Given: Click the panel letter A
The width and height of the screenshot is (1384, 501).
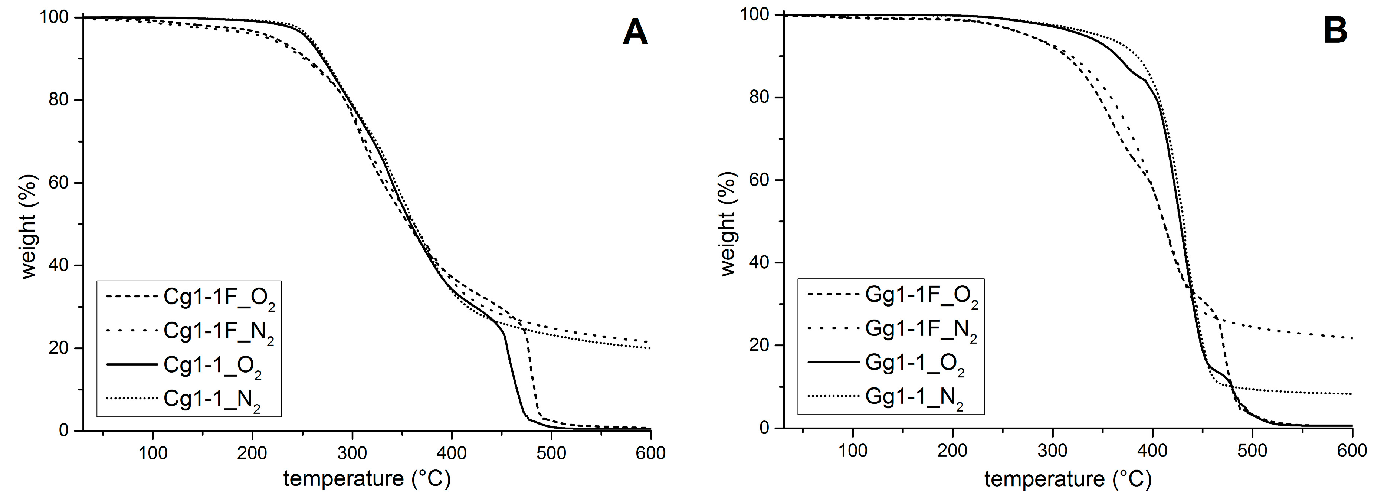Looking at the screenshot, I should pyautogui.click(x=635, y=32).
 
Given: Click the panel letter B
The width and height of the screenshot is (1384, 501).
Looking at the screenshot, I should pyautogui.click(x=1335, y=31).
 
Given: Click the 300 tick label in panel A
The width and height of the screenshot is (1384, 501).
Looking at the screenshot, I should pyautogui.click(x=352, y=453).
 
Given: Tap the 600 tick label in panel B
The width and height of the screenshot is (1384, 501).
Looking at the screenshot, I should pyautogui.click(x=1351, y=451).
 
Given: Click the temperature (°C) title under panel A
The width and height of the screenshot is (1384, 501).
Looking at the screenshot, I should pyautogui.click(x=367, y=478).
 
